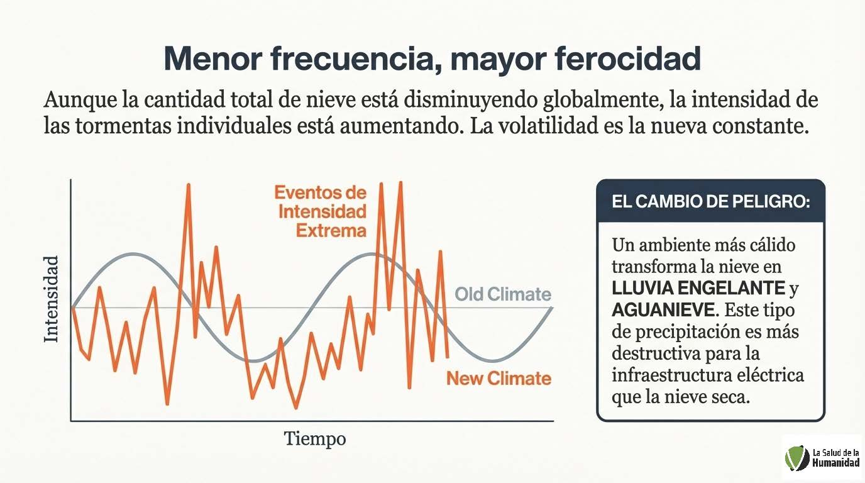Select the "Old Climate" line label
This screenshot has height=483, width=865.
click(503, 294)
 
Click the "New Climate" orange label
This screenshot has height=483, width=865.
click(499, 379)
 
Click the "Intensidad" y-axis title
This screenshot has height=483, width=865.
click(52, 299)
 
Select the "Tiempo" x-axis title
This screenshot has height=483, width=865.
click(315, 438)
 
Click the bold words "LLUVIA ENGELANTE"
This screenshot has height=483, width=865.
click(698, 288)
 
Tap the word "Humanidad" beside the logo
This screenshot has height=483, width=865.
click(835, 463)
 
